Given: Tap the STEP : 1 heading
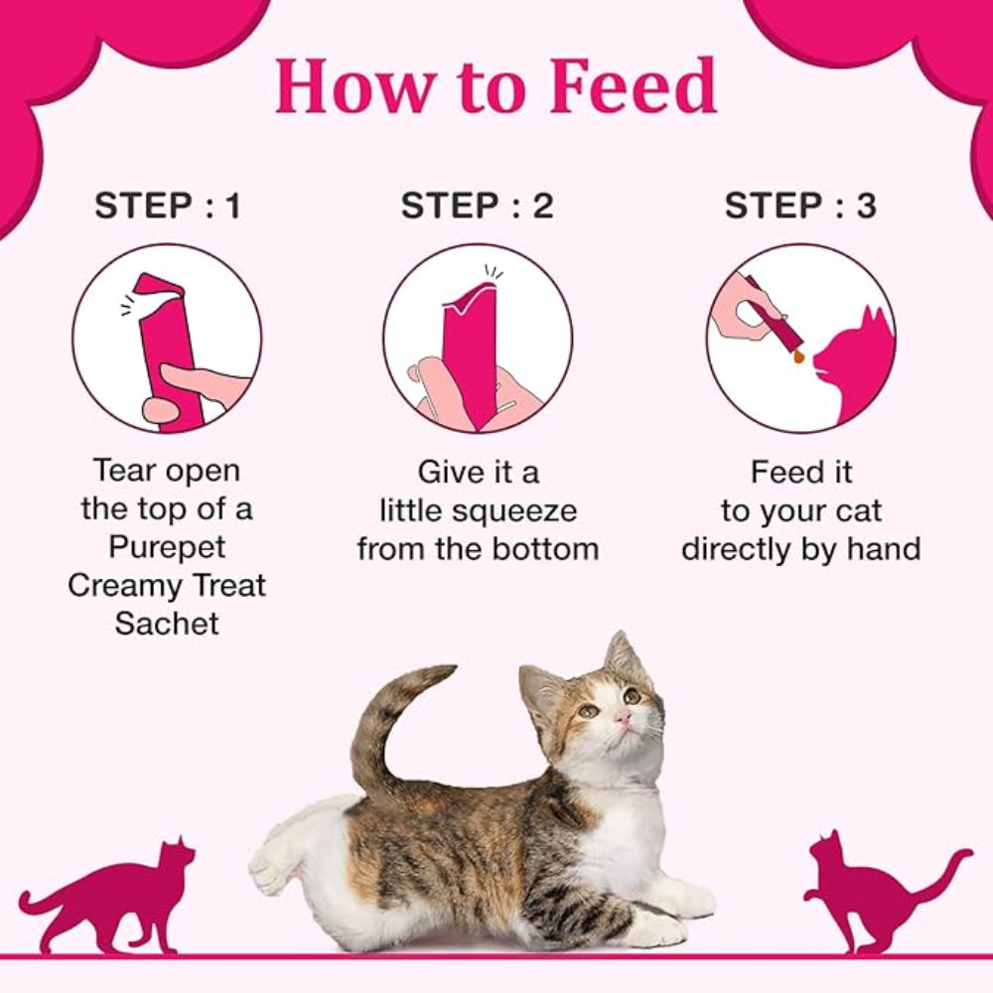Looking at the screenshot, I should pos(167,206).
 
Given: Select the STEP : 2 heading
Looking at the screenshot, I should pos(477,206).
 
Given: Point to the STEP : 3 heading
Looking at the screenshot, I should pos(800,206).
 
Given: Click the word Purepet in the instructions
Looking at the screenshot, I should pos(167,547).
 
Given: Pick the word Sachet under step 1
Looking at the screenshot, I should pos(167,624).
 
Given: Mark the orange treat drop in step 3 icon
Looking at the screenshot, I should pos(797,355).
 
